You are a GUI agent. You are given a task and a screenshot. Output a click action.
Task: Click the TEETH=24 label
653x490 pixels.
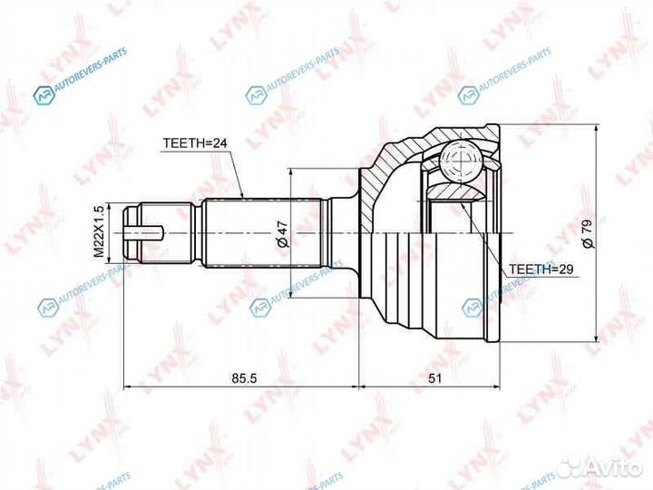coord(194,143)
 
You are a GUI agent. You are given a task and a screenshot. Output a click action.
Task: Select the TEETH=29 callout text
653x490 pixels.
coord(541,269)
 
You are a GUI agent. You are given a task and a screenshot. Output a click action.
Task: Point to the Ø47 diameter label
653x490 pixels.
coord(282,233)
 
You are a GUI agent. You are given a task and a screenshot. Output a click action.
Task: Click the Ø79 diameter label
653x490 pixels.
coord(588,233)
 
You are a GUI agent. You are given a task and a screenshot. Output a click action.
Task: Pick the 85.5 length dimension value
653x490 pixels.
coord(241,378)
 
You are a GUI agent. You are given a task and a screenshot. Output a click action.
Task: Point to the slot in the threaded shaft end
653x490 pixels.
coord(145,233)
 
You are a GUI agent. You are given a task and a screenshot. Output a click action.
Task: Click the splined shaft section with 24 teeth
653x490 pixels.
coord(263,233)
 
